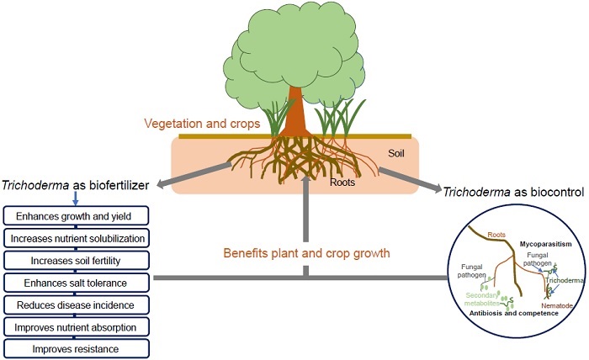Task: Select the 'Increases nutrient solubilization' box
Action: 77,238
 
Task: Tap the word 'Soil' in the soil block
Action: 396,154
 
